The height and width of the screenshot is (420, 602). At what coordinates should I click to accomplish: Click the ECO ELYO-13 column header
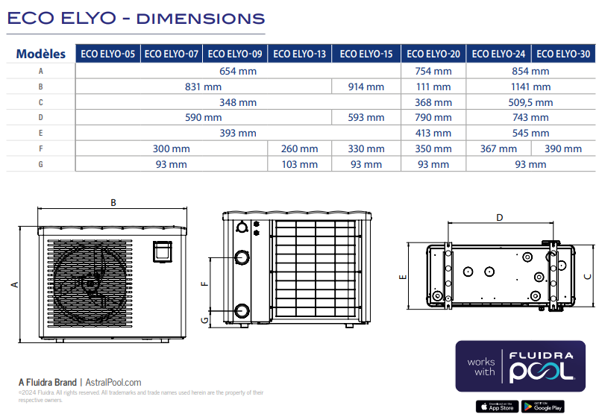click(x=299, y=54)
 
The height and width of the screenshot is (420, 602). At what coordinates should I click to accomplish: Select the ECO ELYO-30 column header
click(x=563, y=54)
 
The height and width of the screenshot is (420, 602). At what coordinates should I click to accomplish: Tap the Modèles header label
click(x=40, y=54)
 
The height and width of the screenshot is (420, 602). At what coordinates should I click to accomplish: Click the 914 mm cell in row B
click(x=366, y=87)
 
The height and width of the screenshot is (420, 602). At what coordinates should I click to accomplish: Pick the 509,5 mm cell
click(x=530, y=102)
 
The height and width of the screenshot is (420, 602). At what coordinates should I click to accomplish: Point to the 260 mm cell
click(x=299, y=148)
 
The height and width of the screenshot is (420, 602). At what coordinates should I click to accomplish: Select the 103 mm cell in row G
click(x=299, y=164)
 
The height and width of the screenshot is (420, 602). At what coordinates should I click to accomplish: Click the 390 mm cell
click(x=563, y=148)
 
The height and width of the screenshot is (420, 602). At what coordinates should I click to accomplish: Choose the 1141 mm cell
click(x=530, y=87)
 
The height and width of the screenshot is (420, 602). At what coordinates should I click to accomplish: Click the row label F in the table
click(x=40, y=148)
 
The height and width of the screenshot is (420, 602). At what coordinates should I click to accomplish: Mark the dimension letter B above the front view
click(x=113, y=202)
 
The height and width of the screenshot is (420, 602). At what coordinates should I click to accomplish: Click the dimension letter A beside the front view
click(x=13, y=284)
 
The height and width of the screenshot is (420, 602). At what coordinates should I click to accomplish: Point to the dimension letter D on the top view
click(x=500, y=218)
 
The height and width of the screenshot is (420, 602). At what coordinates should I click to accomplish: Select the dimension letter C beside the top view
click(x=587, y=276)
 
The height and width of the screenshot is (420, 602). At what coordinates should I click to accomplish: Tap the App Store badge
click(x=497, y=407)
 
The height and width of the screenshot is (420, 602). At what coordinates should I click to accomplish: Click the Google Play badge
click(x=542, y=407)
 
